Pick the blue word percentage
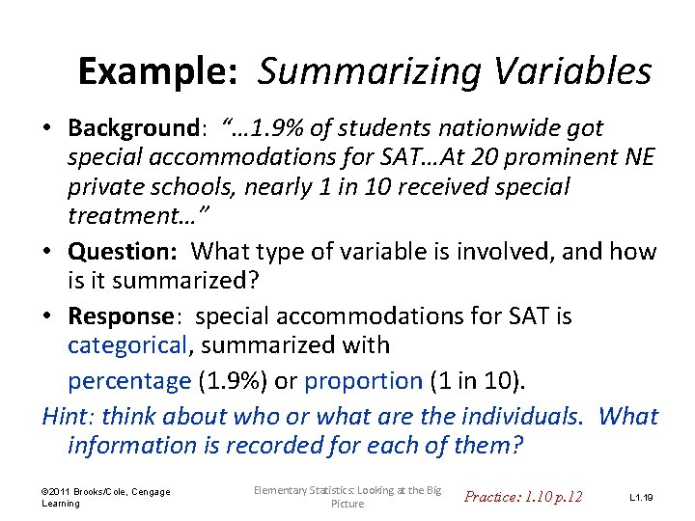point(129,381)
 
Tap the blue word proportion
point(363,381)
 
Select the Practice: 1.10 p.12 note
point(523,497)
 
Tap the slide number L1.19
point(641,498)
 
